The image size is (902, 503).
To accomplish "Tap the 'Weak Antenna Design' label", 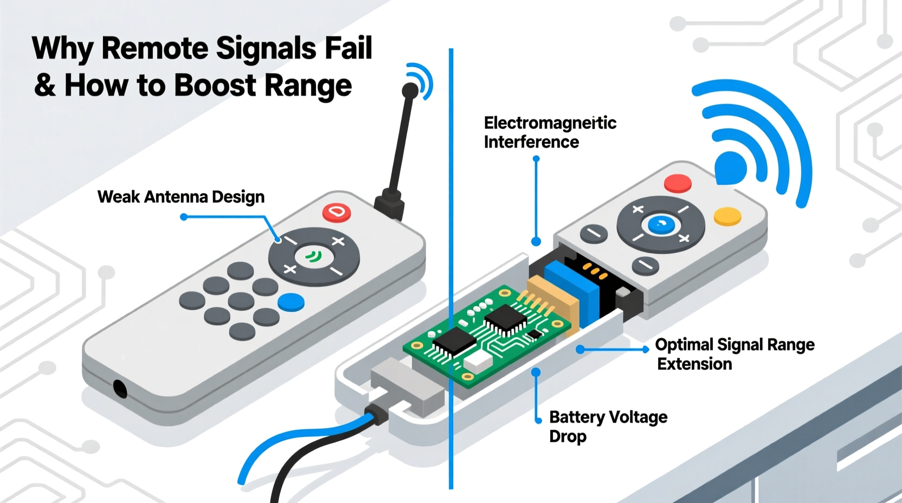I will tap(181, 197).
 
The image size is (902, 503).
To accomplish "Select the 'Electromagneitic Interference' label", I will tap(550, 132).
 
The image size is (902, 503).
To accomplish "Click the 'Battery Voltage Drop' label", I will tap(608, 426).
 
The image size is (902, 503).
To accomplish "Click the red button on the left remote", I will tap(337, 212).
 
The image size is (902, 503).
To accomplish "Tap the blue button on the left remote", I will tap(291, 302).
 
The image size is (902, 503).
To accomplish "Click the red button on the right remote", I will tap(678, 183).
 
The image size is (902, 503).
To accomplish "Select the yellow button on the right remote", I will tap(727, 216).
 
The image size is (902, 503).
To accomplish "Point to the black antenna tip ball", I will tap(410, 90).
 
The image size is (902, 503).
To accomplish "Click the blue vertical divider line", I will tap(450, 163).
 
